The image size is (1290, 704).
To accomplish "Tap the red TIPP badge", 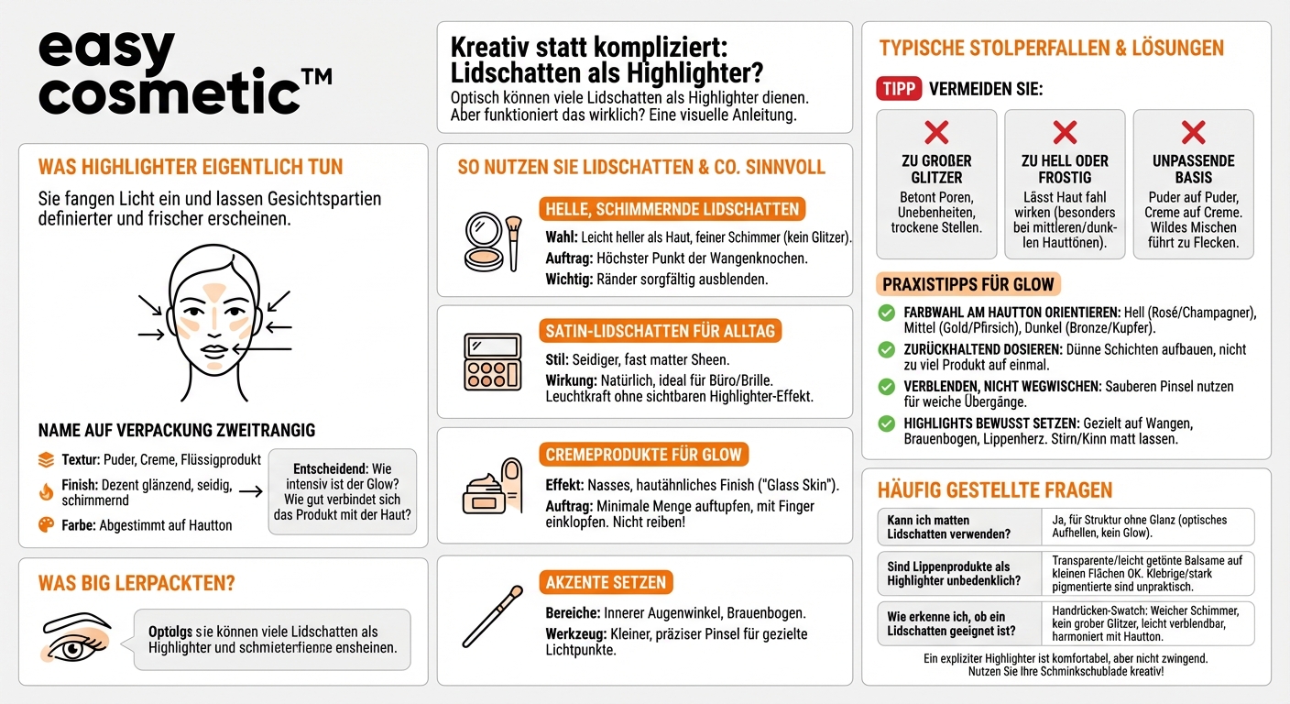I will [898, 89].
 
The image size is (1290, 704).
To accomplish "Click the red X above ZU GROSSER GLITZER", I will [936, 132].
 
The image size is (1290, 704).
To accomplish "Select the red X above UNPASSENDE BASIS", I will [1193, 132].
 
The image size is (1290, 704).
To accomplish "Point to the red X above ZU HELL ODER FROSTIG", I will [1065, 132].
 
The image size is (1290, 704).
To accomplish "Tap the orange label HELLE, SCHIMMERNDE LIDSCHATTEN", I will [672, 209].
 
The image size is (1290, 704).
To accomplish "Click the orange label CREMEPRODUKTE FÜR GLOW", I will [643, 455].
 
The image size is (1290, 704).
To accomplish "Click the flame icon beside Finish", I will [46, 492].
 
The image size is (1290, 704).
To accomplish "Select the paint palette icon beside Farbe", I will [46, 525].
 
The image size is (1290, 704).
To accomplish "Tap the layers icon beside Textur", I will [46, 459].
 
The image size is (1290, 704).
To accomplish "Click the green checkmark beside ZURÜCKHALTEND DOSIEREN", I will [886, 349].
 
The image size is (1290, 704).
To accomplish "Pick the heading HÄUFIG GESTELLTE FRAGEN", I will [995, 489].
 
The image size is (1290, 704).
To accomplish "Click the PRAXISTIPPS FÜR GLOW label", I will [968, 284].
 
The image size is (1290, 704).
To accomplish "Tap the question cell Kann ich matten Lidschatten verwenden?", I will [957, 527].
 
